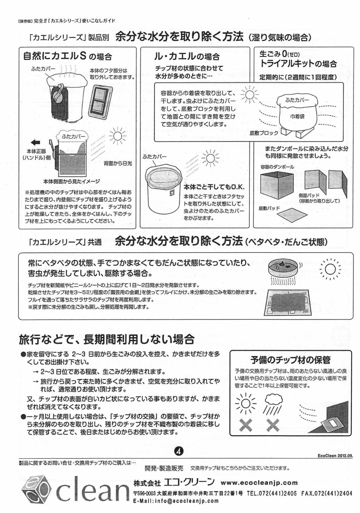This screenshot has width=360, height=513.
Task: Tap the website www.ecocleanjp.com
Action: click(x=259, y=483)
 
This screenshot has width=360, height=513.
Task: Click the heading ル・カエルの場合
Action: click(x=188, y=56)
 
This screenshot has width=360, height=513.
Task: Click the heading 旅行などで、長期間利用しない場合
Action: click(x=106, y=340)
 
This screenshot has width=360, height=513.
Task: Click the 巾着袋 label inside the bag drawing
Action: click(x=297, y=116)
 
